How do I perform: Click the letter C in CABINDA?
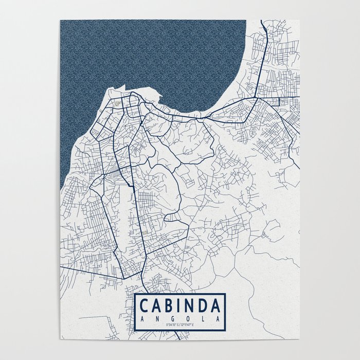point(145,305)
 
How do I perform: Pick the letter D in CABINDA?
point(205,305)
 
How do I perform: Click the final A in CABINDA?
point(217,305)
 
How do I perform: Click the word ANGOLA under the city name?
point(179,318)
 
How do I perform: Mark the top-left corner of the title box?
point(135,293)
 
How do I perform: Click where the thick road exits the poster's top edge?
point(262,21)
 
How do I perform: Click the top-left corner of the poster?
point(60,21)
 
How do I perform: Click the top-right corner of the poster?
point(300,21)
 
